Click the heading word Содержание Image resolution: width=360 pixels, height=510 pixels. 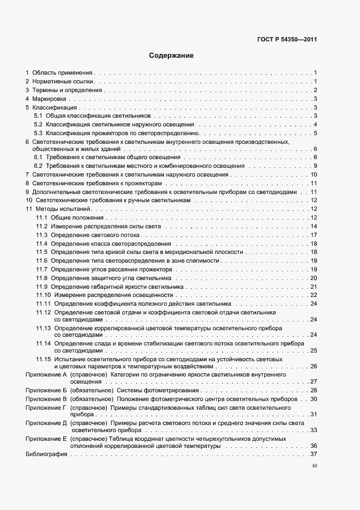[x=171, y=56]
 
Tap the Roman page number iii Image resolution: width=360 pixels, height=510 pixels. [x=314, y=465]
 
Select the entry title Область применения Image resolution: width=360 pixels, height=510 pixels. [x=63, y=72]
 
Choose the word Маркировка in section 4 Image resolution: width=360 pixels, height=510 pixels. [x=49, y=99]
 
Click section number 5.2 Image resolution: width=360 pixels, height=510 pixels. [x=38, y=125]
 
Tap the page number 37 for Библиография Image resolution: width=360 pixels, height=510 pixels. [x=314, y=454]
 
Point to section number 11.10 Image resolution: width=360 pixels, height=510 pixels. [x=43, y=295]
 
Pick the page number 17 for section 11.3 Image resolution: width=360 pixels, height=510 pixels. [x=314, y=235]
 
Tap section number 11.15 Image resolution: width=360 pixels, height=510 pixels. [x=43, y=360]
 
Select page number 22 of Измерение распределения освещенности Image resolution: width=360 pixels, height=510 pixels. [x=314, y=295]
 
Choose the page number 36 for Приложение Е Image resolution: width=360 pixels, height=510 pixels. [x=314, y=446]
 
